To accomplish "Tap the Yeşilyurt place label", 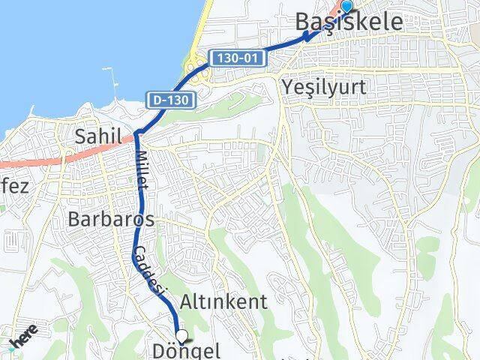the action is tap(324, 87).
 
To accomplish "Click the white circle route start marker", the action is tap(181, 336).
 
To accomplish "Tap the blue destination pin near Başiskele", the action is tap(346, 7).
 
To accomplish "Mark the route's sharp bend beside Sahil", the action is tap(138, 135).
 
